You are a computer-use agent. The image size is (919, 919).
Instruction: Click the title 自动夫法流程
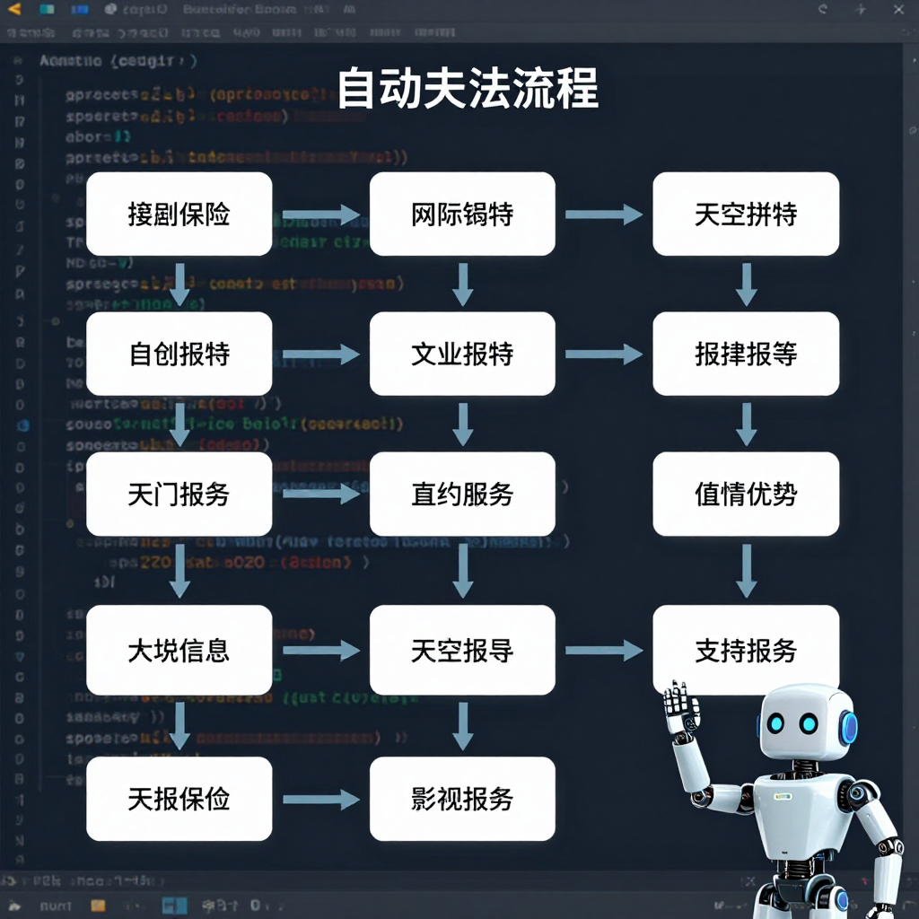467,88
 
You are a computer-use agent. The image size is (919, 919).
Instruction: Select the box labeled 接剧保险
179,214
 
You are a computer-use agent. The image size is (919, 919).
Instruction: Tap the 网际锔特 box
462,214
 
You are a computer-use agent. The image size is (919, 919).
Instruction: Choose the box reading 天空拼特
746,214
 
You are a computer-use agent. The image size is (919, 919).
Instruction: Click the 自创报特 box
179,354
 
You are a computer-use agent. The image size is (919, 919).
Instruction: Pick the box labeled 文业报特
462,354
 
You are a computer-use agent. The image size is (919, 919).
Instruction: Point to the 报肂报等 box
746,354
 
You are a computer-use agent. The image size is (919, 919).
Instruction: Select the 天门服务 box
179,494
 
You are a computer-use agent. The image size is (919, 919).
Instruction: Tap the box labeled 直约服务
462,494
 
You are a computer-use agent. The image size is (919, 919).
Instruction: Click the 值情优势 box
746,494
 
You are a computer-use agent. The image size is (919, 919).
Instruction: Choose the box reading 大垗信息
179,650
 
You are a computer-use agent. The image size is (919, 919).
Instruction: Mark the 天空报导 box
462,650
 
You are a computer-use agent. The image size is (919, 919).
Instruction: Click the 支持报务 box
746,650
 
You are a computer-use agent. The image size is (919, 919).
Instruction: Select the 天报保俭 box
179,799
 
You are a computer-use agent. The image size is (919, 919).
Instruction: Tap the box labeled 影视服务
462,799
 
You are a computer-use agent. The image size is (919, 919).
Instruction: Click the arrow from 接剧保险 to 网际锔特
320,215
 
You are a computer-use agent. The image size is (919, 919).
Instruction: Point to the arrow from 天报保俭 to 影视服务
320,800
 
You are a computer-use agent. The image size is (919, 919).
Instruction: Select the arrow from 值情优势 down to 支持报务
746,571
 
